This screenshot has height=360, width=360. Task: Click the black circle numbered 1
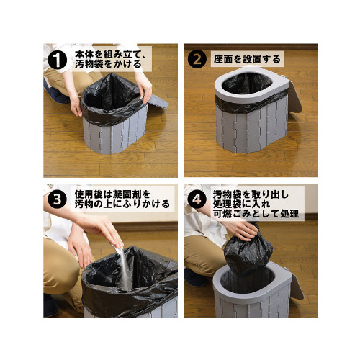[57, 60]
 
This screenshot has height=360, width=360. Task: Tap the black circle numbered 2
[197, 59]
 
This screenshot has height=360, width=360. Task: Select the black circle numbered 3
[57, 199]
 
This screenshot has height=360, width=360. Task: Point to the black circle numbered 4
[197, 199]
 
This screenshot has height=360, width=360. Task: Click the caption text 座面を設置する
[247, 59]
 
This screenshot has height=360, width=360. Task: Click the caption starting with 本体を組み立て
[109, 59]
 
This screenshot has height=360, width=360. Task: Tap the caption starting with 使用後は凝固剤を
[122, 199]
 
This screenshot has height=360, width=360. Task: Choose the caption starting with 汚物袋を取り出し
[256, 204]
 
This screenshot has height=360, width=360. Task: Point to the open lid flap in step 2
[294, 96]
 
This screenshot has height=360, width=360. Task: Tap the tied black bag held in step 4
[248, 253]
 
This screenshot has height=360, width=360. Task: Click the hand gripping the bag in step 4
[243, 229]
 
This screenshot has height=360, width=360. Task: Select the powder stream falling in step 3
[125, 269]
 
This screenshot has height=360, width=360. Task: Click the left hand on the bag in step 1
[76, 104]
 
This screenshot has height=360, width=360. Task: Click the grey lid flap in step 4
[297, 287]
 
